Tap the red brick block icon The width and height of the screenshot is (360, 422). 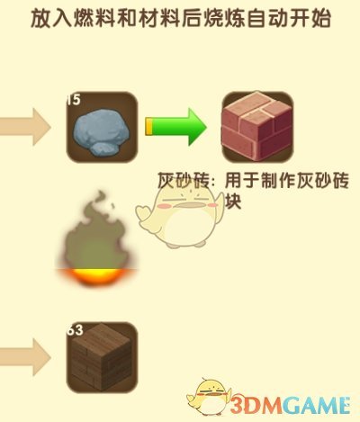click(257, 127)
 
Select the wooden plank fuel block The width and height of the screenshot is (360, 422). click(102, 357)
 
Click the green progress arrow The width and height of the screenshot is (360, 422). click(176, 127)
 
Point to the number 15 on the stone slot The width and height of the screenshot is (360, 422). click(74, 100)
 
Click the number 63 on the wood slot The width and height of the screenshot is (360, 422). click(75, 330)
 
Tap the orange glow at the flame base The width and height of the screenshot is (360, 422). click(97, 276)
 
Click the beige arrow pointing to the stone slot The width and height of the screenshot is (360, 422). click(25, 127)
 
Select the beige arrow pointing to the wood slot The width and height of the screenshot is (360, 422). click(25, 357)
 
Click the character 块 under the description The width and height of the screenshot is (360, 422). click(233, 202)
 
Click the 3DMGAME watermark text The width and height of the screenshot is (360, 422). click(290, 406)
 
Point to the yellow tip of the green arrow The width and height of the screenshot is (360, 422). click(148, 127)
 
